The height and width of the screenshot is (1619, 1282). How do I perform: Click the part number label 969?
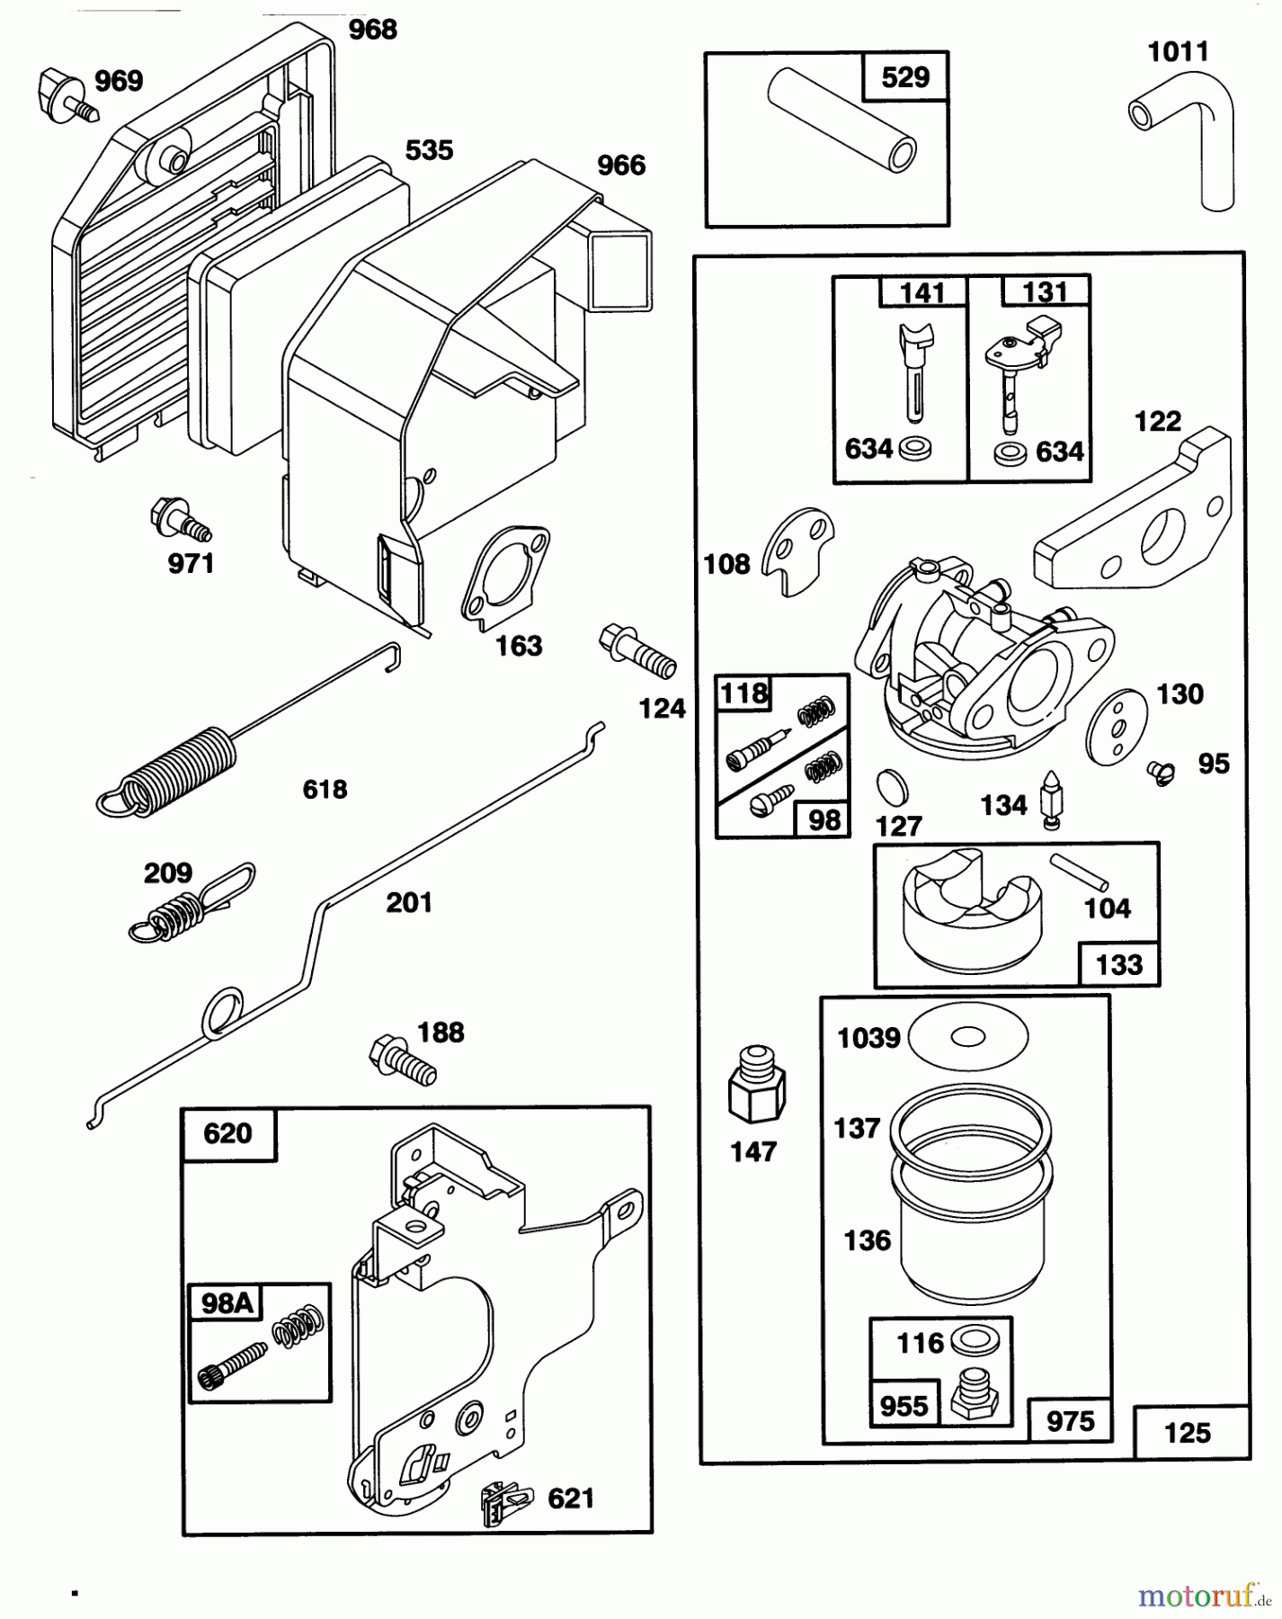119,82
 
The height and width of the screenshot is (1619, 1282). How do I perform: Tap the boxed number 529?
905,77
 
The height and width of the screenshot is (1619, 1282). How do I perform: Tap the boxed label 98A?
227,1303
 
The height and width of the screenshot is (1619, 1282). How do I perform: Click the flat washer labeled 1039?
967,1037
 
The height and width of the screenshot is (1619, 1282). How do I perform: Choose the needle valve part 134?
1049,798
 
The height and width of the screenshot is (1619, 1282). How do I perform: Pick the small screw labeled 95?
1161,772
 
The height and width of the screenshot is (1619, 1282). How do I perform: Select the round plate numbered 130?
1117,727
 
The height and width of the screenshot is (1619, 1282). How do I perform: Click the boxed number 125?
1188,1432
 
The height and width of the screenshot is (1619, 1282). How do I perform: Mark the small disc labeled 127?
892,787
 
